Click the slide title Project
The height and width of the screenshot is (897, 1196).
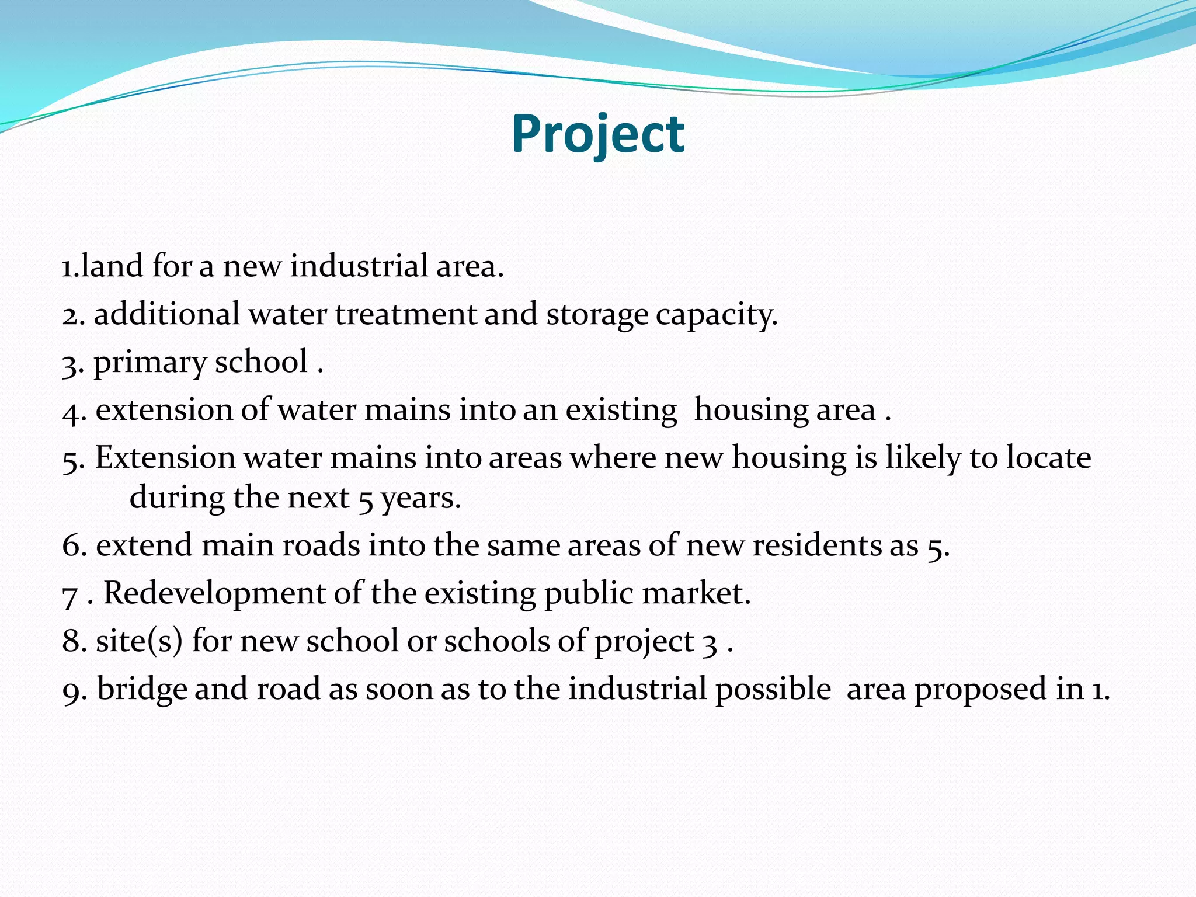pos(597,134)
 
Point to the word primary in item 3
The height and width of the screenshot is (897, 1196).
pos(149,363)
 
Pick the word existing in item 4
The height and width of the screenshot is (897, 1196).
pos(621,411)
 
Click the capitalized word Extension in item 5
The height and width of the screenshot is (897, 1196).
pos(165,457)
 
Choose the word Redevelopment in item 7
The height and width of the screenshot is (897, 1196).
pos(214,594)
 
